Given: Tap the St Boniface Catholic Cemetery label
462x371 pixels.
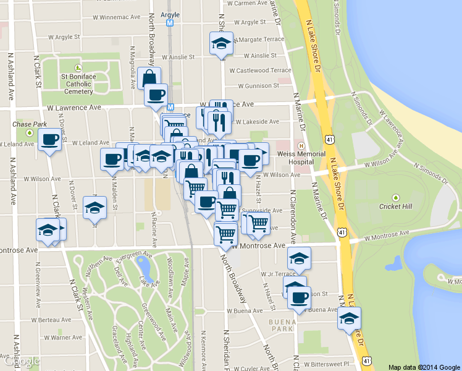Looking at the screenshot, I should click(78, 84).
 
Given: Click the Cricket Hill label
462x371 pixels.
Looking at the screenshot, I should click(396, 206).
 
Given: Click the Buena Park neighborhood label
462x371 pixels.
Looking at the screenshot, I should click(280, 326).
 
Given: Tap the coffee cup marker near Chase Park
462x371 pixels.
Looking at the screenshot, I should click(50, 140).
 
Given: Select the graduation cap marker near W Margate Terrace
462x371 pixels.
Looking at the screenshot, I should click(221, 43).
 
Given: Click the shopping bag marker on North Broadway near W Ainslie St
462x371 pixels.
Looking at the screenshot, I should click(149, 78).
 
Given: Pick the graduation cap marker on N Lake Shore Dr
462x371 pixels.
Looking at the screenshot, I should click(349, 318).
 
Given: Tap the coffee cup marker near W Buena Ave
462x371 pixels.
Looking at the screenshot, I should click(300, 299).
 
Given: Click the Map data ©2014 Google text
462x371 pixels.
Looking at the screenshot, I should click(424, 367).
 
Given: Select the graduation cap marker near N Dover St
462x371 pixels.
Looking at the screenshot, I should click(94, 208).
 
